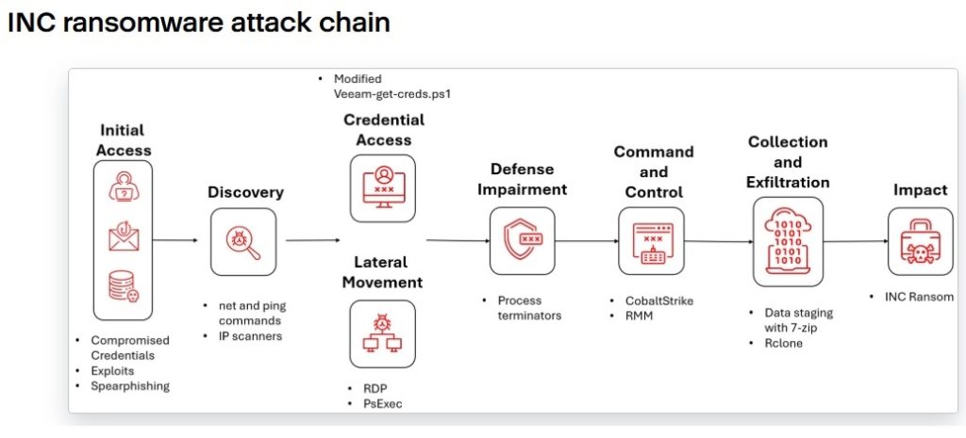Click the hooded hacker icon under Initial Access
coord(124,186)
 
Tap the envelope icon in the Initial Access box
coord(124,237)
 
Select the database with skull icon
coord(124,286)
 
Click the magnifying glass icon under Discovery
coord(244,242)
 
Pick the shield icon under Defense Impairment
coord(523,240)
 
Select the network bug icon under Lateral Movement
coord(383,333)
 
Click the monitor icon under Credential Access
coord(383,187)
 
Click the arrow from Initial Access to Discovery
coord(175,240)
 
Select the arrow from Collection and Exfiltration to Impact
coord(856,241)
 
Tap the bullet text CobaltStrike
coord(659,300)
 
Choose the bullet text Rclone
coord(784,343)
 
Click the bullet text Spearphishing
coord(130,386)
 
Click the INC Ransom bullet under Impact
coord(919,297)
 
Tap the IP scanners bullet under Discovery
coord(250,336)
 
